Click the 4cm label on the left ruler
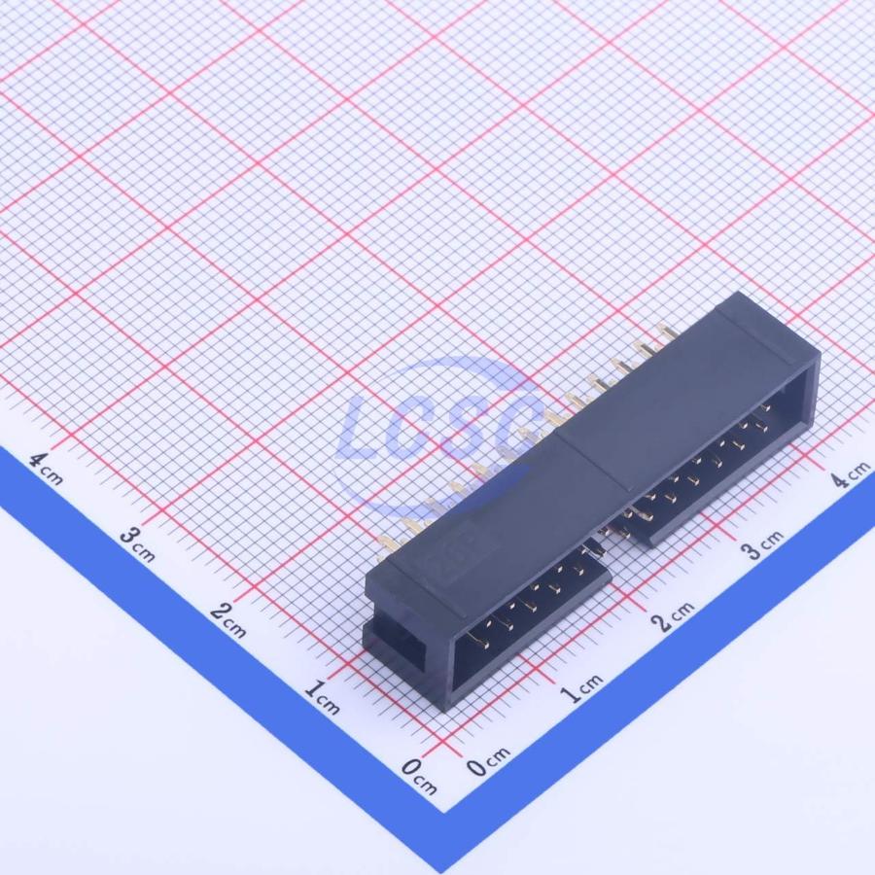(47, 469)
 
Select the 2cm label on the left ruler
(228, 619)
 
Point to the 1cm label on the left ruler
(322, 697)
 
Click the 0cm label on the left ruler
(419, 776)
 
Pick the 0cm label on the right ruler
(488, 761)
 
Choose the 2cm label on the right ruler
(674, 616)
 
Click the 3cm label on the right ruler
(762, 545)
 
